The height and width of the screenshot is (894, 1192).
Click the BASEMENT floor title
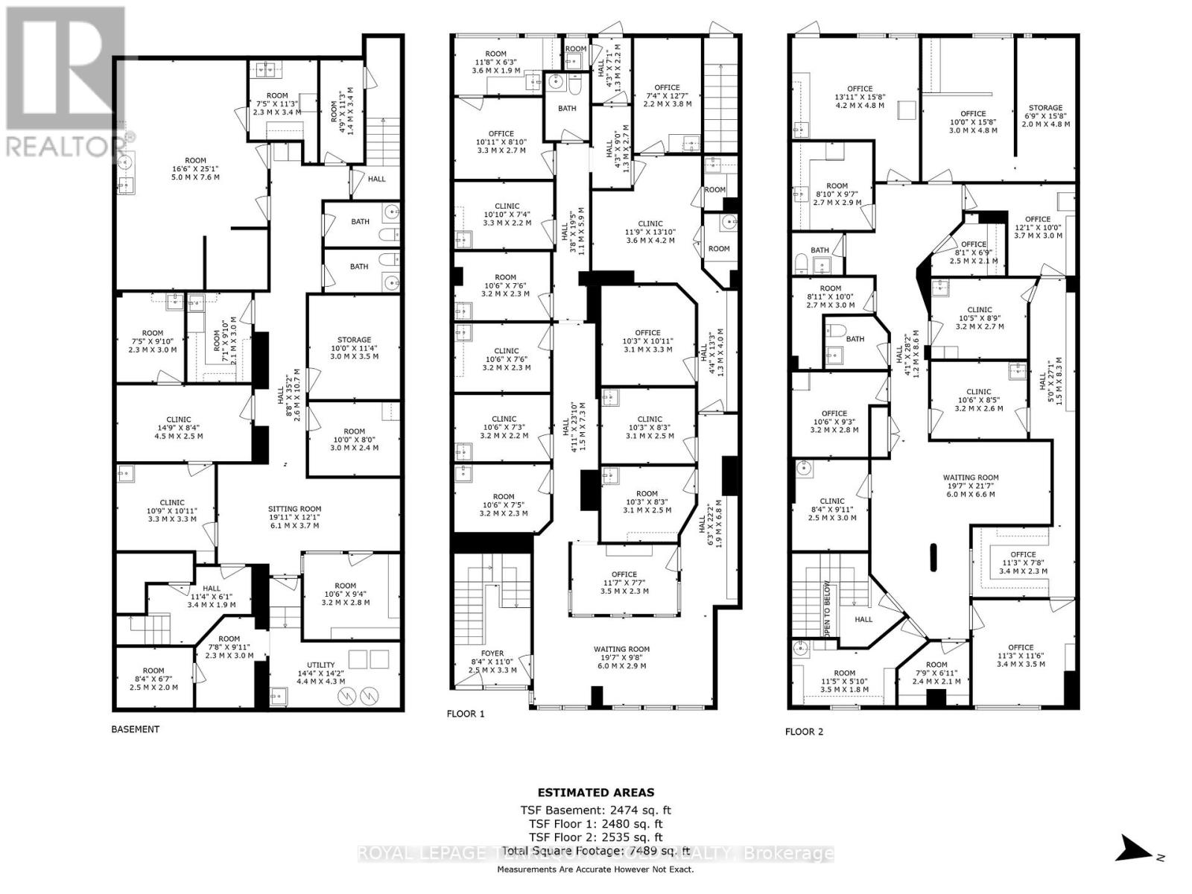[135, 729]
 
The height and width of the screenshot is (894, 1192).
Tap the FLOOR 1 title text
[466, 714]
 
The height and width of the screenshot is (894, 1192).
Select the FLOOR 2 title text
[804, 732]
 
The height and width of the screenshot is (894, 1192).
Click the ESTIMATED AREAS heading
[596, 793]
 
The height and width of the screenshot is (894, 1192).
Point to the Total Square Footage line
[596, 850]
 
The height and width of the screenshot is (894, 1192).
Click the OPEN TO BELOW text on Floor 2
[827, 609]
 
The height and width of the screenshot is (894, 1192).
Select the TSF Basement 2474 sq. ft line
[596, 811]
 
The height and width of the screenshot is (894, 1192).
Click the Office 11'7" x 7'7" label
[624, 583]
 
